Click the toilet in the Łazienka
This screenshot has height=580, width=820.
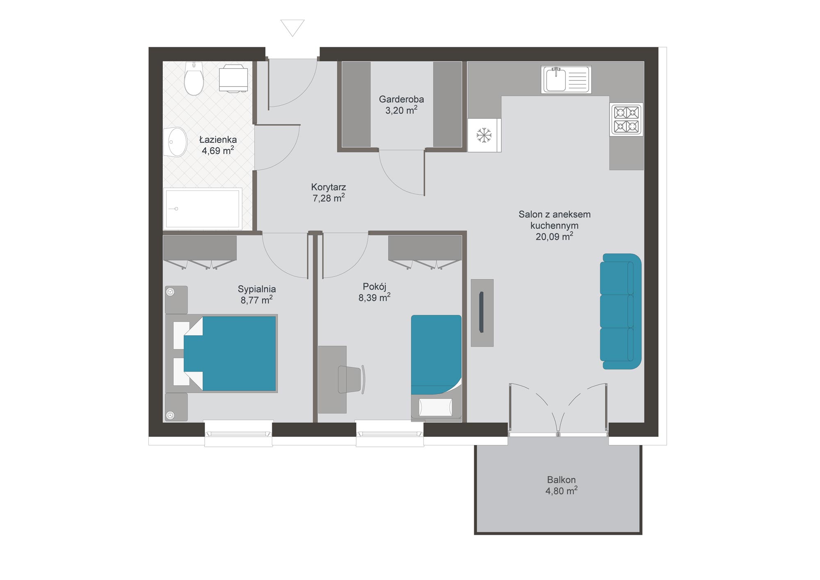pyautogui.click(x=194, y=78)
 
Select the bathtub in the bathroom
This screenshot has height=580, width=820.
pyautogui.click(x=203, y=208)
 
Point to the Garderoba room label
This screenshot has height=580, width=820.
pyautogui.click(x=401, y=99)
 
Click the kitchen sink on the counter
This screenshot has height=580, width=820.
pyautogui.click(x=566, y=79)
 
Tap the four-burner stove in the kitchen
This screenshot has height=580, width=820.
pyautogui.click(x=626, y=119)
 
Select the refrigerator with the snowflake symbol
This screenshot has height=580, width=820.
pyautogui.click(x=484, y=135)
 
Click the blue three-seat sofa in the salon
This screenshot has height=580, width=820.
pyautogui.click(x=620, y=311)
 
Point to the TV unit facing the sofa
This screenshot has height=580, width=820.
pyautogui.click(x=482, y=313)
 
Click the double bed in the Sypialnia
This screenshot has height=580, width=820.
pyautogui.click(x=221, y=354)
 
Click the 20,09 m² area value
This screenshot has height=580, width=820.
pyautogui.click(x=554, y=236)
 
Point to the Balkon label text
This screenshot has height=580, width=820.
pyautogui.click(x=561, y=480)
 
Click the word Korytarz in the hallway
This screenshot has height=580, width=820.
pyautogui.click(x=328, y=187)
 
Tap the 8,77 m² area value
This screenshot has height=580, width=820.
pyautogui.click(x=257, y=300)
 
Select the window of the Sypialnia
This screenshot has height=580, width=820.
pyautogui.click(x=239, y=434)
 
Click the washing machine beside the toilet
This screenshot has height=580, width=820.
pyautogui.click(x=233, y=78)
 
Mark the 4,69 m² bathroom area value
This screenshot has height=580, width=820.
pyautogui.click(x=218, y=151)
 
